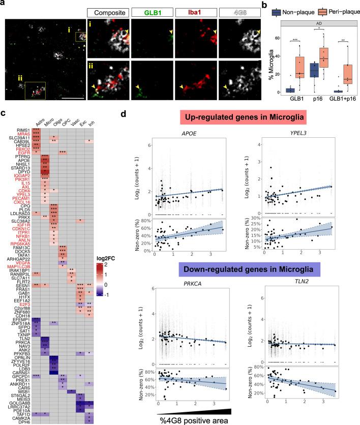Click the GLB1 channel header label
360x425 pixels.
(x=149, y=11)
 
